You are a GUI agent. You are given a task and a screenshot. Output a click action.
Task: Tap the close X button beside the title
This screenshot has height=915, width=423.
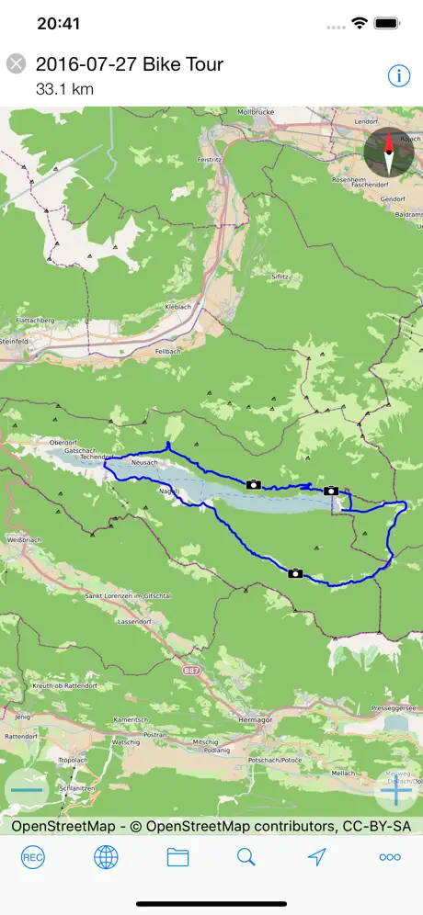[x=16, y=63]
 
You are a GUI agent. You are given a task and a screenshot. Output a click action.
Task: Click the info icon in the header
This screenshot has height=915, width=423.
[x=399, y=75]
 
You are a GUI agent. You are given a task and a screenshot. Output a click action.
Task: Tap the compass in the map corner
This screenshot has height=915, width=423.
[x=389, y=152]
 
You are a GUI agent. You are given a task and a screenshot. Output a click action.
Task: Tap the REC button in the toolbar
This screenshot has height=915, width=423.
[x=33, y=857]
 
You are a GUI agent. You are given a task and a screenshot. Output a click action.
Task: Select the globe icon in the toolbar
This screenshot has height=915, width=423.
[x=106, y=857]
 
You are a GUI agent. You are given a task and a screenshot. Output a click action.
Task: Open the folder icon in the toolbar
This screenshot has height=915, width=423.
[x=177, y=857]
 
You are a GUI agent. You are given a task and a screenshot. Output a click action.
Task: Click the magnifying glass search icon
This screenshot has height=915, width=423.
[x=246, y=857]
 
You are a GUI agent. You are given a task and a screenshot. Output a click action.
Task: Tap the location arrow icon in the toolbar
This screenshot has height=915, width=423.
[x=317, y=857]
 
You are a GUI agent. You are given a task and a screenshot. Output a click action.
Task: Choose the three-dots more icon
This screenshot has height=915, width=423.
[x=390, y=857]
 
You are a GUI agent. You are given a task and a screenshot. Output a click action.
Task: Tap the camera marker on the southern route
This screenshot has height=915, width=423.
[x=295, y=573]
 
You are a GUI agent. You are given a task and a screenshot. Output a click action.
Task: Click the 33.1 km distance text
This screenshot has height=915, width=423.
[x=65, y=90]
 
